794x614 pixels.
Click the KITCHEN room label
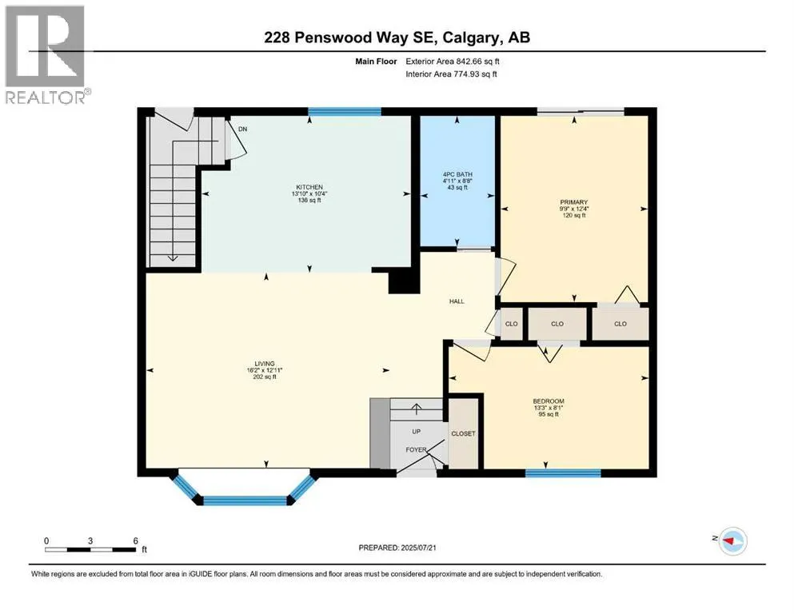[x=309, y=187]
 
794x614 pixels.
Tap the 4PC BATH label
[x=457, y=174]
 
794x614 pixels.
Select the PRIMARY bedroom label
[x=574, y=202]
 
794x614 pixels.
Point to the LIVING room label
[x=265, y=364]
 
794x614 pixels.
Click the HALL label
[x=457, y=301]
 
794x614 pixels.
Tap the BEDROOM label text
[x=549, y=401]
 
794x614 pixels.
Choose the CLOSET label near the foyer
[x=463, y=434]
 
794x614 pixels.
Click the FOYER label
[x=417, y=449]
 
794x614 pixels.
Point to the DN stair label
[x=243, y=129]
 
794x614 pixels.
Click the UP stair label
[x=417, y=432]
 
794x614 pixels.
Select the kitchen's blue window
[x=345, y=112]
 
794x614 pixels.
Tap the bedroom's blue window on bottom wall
[x=563, y=473]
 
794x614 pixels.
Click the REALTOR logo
[x=46, y=54]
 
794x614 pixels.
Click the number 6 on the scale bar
[x=136, y=541]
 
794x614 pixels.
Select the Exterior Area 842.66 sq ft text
[x=453, y=62]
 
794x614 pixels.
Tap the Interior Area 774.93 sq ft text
[x=451, y=74]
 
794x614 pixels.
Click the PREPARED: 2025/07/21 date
[x=397, y=548]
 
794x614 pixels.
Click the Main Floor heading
[x=377, y=62]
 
